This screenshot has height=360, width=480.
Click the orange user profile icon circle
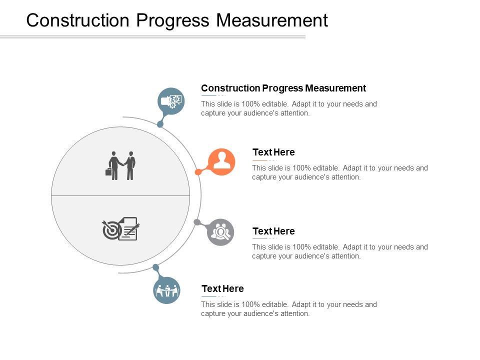pos(221,161)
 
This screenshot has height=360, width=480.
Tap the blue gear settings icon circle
pos(171,101)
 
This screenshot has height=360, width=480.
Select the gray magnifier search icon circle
pos(220,232)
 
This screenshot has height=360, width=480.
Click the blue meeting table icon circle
pos(166,290)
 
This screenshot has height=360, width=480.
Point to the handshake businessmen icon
pos(122,165)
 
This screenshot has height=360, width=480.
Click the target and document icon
pos(120,228)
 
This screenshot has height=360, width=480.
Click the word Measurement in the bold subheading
pos(335,88)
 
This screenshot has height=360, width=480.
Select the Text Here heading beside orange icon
pos(273,152)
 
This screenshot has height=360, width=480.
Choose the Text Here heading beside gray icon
pos(273,231)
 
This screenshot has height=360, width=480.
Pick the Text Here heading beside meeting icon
pos(222,289)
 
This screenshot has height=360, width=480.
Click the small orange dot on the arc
pos(198,172)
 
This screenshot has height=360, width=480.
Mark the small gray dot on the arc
pos(197,222)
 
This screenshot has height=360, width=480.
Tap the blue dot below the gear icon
pos(160,124)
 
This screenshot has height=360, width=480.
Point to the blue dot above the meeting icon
pos(155,267)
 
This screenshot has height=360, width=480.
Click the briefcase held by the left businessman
pos(108,172)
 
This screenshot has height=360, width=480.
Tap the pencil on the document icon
pos(133,229)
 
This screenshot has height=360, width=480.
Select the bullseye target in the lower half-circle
pos(111,230)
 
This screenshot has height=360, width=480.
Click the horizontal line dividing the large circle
pos(120,195)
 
